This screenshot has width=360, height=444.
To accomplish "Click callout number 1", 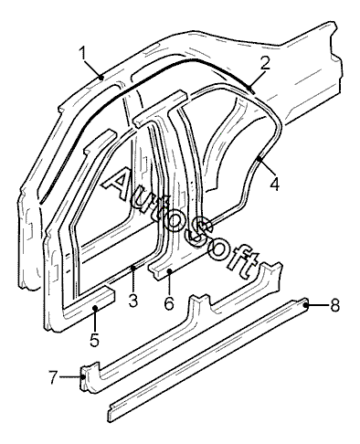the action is [x=82, y=54].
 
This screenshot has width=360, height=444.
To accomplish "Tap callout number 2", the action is [x=265, y=63].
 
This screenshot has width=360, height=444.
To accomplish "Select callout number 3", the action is [x=133, y=301].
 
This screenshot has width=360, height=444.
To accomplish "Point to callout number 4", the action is [x=275, y=184].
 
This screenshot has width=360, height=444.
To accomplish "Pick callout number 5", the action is [x=95, y=339].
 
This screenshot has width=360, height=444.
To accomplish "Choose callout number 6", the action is [x=169, y=303].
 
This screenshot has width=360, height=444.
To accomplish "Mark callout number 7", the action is [x=53, y=377].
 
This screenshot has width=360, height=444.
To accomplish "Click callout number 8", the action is [x=335, y=304].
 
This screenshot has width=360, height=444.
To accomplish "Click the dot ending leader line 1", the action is [x=101, y=78].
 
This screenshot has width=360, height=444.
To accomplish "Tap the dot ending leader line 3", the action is [x=132, y=268].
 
